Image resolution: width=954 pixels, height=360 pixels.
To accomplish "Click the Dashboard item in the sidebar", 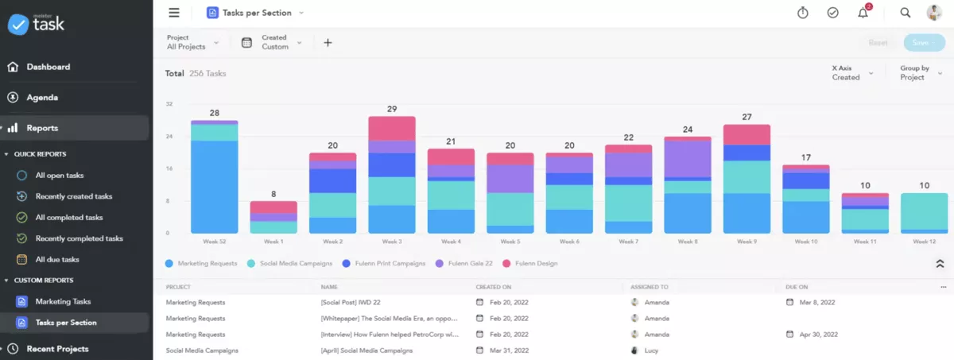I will (48, 67).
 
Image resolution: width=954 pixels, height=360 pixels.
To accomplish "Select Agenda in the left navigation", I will (41, 98).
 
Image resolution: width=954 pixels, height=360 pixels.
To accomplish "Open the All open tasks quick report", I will (59, 176).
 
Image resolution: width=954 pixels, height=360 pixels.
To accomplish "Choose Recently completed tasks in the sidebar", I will (79, 238).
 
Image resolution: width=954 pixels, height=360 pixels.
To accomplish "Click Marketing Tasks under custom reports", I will (63, 302).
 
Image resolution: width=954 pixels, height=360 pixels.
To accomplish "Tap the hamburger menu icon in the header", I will (174, 13).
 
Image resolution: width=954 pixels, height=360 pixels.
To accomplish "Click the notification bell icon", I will (863, 13).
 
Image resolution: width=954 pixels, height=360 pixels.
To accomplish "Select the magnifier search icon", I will (905, 13).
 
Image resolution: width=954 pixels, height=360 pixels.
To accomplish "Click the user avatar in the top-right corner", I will (933, 13).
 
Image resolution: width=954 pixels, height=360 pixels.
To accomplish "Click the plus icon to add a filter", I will (328, 43).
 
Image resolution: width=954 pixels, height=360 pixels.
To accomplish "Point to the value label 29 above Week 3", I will (391, 109).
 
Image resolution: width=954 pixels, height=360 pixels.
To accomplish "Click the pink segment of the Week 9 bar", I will (747, 134).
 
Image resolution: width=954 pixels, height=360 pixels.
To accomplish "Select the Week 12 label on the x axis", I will (924, 242).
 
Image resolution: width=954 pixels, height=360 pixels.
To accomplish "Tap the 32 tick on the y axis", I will (169, 104).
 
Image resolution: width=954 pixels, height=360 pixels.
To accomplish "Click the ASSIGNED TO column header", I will (649, 286).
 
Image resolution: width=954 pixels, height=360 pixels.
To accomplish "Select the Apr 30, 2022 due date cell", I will (817, 335).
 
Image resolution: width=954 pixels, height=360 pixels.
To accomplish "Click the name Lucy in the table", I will (651, 350).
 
